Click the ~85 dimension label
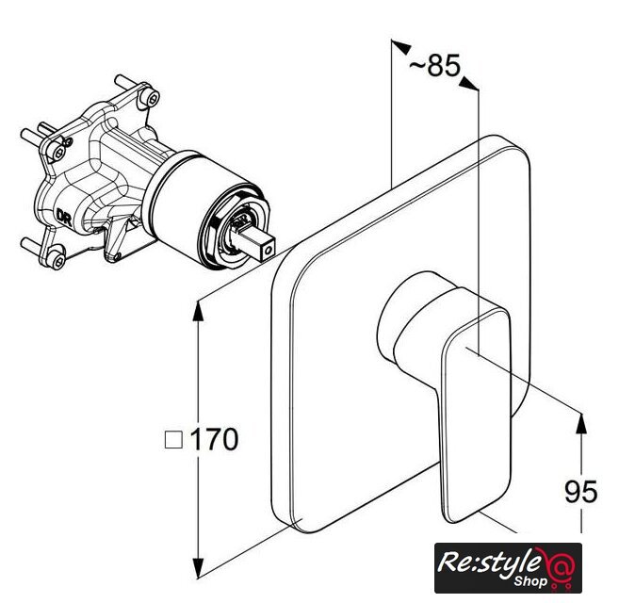pos(434,66)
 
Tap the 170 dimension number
pos(215,439)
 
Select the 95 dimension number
pos(581,492)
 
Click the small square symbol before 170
pos(173,439)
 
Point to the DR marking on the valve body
pos(64,218)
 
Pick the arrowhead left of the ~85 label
pos(400,46)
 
